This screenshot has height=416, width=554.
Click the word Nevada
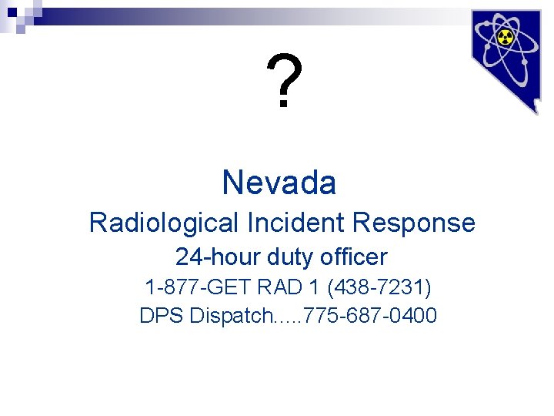(279, 183)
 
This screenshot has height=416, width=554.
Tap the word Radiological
(164, 223)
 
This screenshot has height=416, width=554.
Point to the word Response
(414, 223)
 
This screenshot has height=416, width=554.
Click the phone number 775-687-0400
(372, 316)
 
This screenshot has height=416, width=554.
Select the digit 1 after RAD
(314, 288)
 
